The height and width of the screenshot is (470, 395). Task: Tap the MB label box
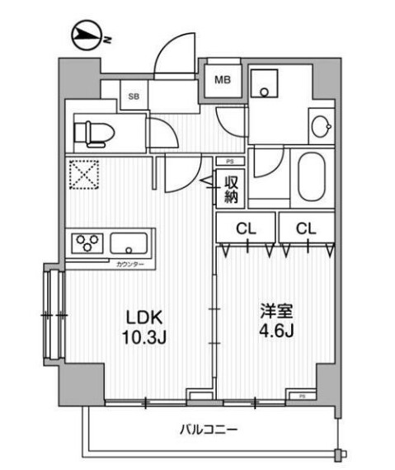tap(223, 80)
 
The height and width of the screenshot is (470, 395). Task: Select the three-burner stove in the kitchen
tap(87, 243)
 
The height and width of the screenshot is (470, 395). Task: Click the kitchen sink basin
tap(129, 244)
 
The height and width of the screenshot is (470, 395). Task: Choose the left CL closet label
tap(244, 228)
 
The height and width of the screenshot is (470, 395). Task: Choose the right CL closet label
tap(306, 228)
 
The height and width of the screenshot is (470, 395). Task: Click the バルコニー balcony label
tap(208, 430)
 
